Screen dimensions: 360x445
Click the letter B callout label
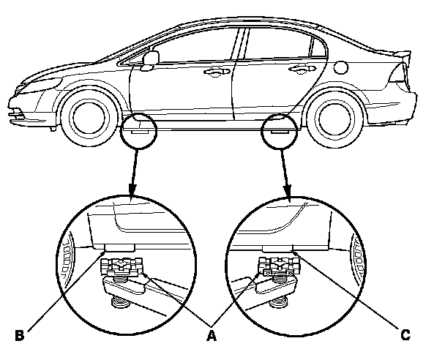[x=20, y=336]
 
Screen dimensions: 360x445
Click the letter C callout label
[x=405, y=336]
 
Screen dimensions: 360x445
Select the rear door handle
[x=297, y=70]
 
